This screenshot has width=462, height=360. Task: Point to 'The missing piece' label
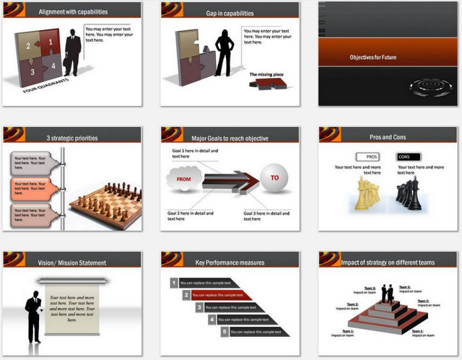[x=265, y=74]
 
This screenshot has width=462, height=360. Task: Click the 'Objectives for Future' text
[x=372, y=57]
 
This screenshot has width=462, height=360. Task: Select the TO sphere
[x=273, y=178]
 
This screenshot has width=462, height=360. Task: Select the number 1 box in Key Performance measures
[x=173, y=283]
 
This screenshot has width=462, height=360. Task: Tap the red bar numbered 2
[x=224, y=295]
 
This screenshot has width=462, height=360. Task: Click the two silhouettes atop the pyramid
[x=388, y=293]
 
